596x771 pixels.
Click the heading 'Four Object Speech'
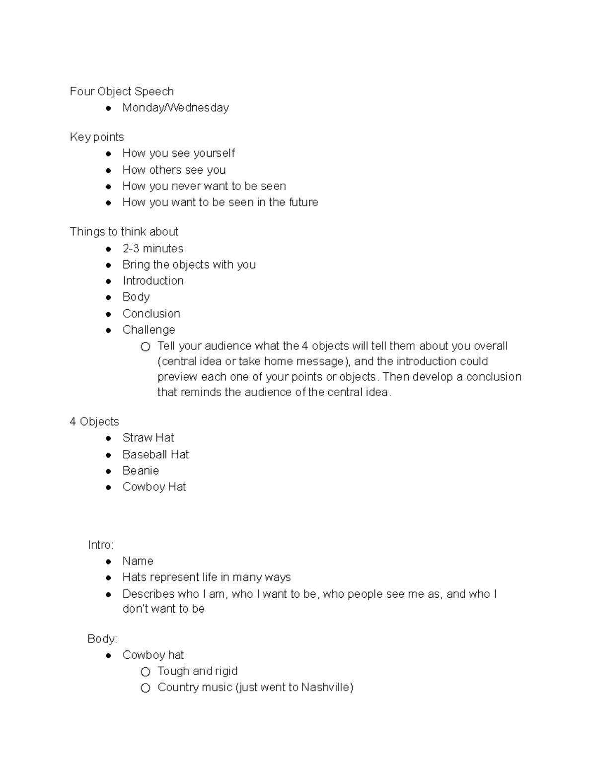click(x=122, y=91)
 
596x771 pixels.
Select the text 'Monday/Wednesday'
click(x=175, y=108)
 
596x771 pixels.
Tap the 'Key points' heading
click(x=97, y=137)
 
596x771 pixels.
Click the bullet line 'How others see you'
click(x=174, y=170)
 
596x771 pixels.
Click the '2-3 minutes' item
click(x=153, y=248)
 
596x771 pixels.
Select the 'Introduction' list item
click(x=153, y=280)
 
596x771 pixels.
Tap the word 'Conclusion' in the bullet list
click(x=151, y=313)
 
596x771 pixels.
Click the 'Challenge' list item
click(x=149, y=330)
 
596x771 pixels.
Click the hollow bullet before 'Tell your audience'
click(x=145, y=347)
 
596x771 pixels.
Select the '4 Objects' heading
click(x=94, y=421)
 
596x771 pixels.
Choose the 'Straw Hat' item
click(x=148, y=437)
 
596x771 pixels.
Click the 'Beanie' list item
click(x=141, y=470)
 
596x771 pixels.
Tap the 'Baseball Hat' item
click(x=155, y=454)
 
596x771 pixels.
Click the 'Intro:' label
click(x=101, y=545)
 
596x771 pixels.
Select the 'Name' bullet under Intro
click(x=138, y=561)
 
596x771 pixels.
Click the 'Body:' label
click(x=102, y=638)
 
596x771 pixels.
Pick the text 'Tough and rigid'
click(x=197, y=671)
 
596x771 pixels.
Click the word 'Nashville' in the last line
click(x=325, y=687)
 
